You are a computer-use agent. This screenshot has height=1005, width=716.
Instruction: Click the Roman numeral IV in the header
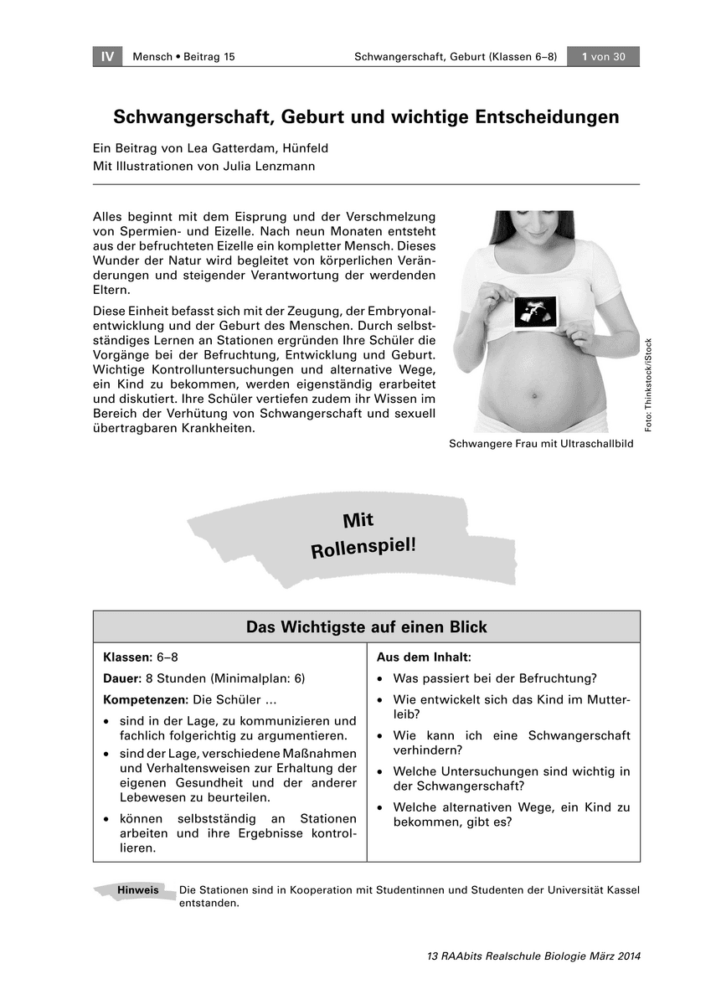click(x=106, y=57)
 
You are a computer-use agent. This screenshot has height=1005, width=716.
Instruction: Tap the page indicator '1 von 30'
click(x=603, y=57)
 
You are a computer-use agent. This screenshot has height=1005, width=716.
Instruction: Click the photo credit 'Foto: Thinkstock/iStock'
click(x=648, y=385)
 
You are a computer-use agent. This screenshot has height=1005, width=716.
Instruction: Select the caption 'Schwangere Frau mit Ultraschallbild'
click(x=541, y=444)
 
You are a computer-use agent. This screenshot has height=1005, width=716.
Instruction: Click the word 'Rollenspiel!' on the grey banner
click(x=363, y=548)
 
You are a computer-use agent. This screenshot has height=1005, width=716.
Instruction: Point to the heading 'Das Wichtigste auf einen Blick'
click(x=366, y=627)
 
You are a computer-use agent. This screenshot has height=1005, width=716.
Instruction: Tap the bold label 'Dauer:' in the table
click(x=122, y=678)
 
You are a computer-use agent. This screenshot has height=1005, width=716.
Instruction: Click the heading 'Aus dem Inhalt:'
click(x=424, y=657)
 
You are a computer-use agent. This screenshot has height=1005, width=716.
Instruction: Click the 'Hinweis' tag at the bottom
click(x=138, y=890)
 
